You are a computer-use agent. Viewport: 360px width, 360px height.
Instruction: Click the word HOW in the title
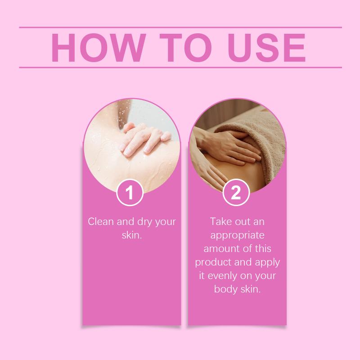(99, 48)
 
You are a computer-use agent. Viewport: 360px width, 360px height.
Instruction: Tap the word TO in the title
(185, 48)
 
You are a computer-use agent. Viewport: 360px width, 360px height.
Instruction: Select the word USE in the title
(266, 48)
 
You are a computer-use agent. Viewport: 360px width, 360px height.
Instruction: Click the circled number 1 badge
(130, 193)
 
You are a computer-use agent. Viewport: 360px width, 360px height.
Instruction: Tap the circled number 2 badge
(236, 193)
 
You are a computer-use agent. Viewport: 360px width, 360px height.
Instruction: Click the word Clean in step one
(101, 221)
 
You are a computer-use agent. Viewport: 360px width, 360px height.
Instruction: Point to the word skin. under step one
(132, 235)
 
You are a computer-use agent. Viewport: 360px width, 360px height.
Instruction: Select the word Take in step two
(220, 221)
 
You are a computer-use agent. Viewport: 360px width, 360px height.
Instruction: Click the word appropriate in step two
(237, 235)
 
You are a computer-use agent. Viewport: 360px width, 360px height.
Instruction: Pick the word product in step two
(213, 262)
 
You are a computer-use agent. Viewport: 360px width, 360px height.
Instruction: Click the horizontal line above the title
(180, 27)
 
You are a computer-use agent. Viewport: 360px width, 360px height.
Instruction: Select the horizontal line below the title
(180, 67)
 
